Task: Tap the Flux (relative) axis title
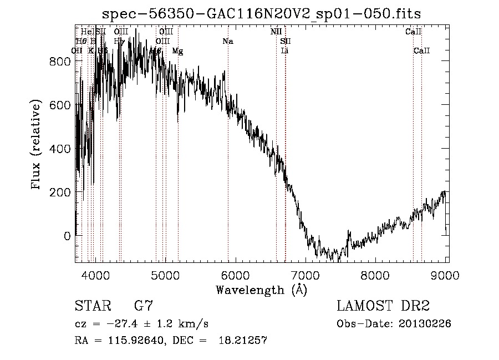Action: pyautogui.click(x=37, y=146)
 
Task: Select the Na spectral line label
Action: pyautogui.click(x=227, y=42)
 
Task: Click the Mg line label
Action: pyautogui.click(x=177, y=51)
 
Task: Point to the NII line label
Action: pyautogui.click(x=276, y=32)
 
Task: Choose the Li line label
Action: pyautogui.click(x=285, y=51)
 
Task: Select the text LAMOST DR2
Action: pyautogui.click(x=383, y=306)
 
